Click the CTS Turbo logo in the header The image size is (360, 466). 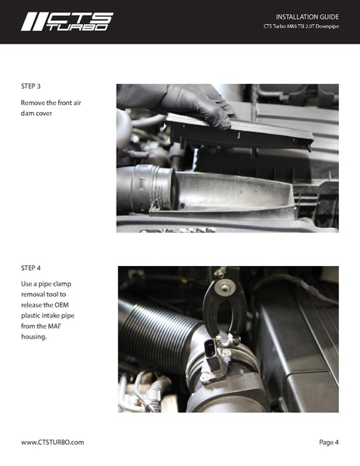tap(66, 21)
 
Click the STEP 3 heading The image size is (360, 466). tap(33, 86)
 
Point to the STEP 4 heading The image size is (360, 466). tap(33, 268)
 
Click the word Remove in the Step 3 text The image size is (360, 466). tap(35, 103)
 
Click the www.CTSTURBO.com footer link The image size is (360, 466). tap(52, 442)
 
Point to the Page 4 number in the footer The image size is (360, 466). tap(328, 442)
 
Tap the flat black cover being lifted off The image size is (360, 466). tap(249, 132)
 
